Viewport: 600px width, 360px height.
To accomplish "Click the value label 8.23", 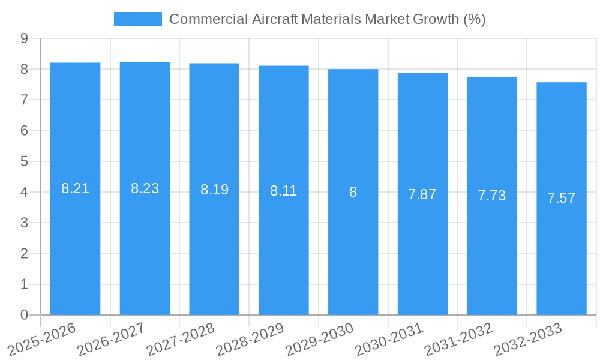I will pos(145,188).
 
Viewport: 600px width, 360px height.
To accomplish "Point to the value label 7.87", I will pos(422,194).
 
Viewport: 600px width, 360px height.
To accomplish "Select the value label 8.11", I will pos(284,191).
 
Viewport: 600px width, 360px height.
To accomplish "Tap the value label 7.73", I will pos(492,196).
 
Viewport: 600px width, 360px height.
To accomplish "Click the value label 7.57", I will pos(562,198).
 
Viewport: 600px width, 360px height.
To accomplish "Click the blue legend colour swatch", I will pos(138,19).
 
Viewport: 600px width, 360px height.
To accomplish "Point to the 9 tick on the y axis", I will pos(24,38).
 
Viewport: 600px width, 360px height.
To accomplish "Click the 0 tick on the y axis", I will pos(24,315).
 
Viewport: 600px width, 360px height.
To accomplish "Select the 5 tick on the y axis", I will pos(24,161).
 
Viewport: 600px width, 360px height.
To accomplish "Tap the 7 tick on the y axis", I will pos(24,100).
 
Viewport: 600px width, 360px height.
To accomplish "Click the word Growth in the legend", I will pos(436,19).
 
